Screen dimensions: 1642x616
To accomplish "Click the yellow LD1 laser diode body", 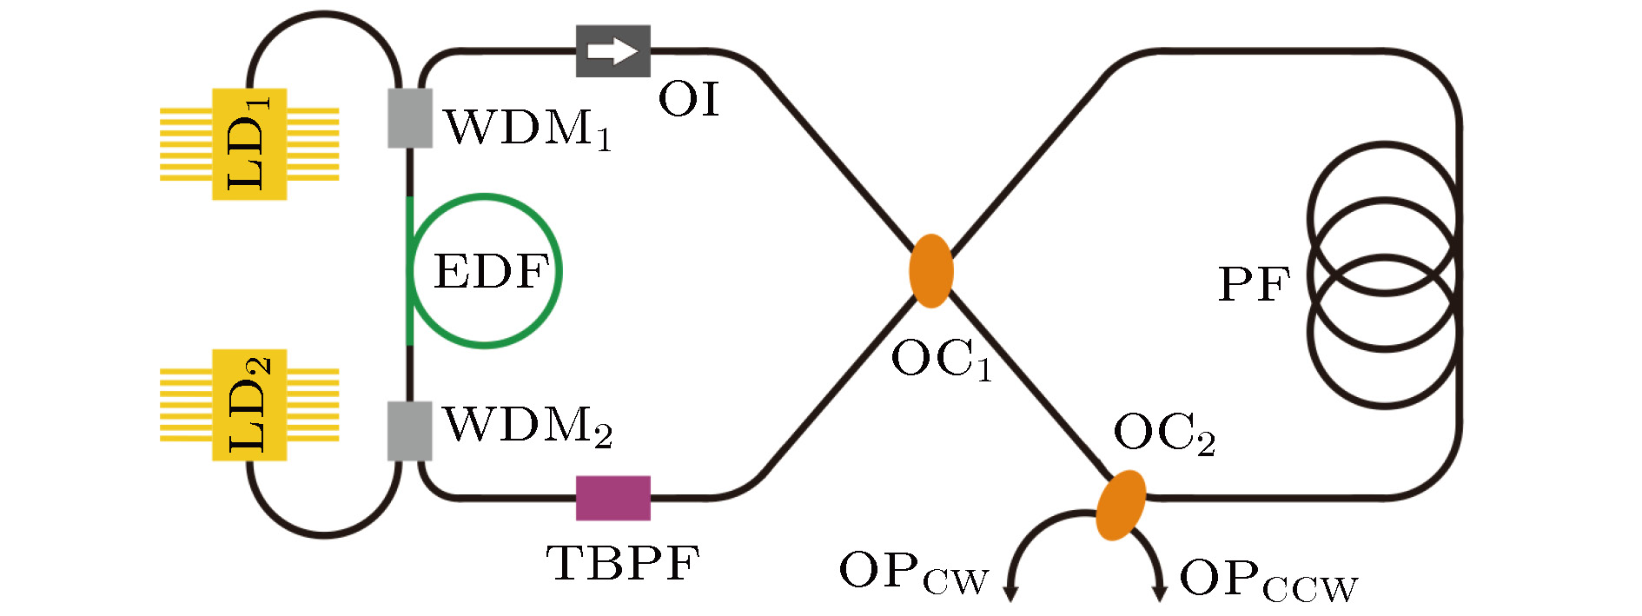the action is [250, 144].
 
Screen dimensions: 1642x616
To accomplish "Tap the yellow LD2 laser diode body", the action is [250, 405].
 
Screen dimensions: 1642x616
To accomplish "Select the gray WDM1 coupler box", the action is [410, 118].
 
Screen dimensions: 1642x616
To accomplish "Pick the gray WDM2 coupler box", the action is [410, 431].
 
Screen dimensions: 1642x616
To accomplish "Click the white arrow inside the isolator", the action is [613, 51].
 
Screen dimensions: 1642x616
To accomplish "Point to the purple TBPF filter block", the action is [613, 498].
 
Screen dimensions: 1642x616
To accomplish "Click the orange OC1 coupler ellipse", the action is [931, 271].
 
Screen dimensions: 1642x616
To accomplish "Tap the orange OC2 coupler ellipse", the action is [1121, 505].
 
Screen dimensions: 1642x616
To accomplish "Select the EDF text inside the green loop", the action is [492, 271].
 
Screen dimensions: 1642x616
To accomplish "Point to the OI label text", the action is [689, 99].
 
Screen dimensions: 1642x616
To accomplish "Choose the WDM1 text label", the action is [528, 129].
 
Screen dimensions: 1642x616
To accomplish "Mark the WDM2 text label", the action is [528, 427].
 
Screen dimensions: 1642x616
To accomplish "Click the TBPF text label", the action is [623, 563].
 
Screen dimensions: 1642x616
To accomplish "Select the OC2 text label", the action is [1164, 434].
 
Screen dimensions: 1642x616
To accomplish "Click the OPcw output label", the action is [914, 573].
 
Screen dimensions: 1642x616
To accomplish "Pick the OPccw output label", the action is [1268, 580].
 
